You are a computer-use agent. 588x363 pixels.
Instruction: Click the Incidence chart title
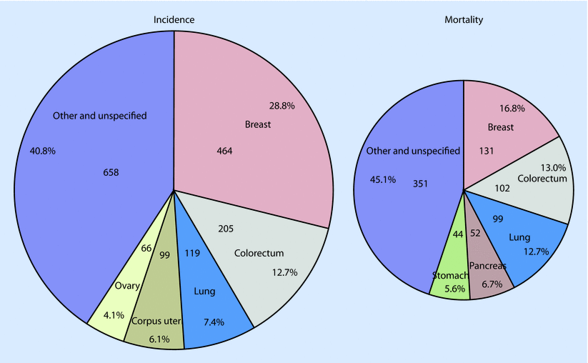pos(174,19)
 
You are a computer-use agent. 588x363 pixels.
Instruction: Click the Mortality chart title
pos(464,19)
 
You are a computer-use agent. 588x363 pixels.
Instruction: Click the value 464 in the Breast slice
pos(225,151)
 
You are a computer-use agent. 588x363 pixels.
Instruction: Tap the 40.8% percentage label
pos(43,151)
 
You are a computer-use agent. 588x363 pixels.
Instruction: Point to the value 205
pos(226,229)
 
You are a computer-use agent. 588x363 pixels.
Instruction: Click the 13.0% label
pos(552,167)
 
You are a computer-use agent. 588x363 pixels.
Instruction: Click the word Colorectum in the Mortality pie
pos(542,177)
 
